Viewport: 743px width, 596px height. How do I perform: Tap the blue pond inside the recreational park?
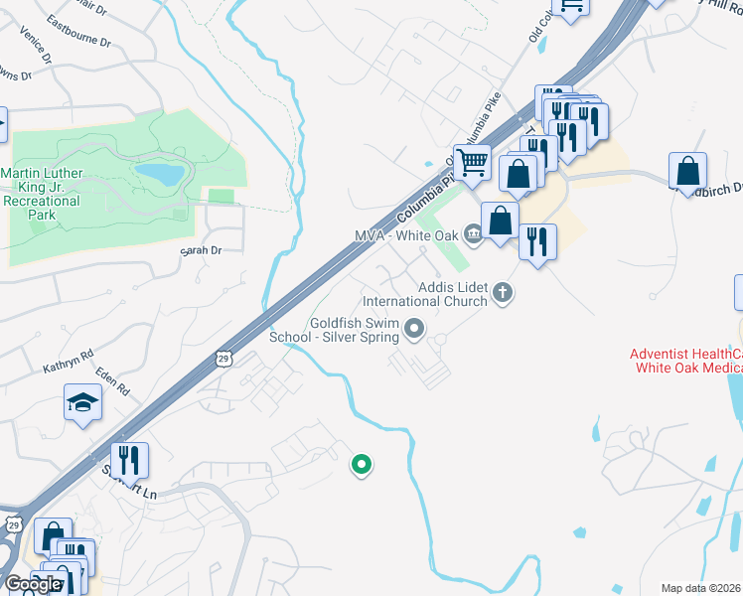(160, 175)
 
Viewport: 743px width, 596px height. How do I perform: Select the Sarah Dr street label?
(200, 251)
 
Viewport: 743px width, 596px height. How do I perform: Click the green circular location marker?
(363, 463)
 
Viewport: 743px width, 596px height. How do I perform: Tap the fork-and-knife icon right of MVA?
(537, 240)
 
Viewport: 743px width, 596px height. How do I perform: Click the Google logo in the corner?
(33, 583)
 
